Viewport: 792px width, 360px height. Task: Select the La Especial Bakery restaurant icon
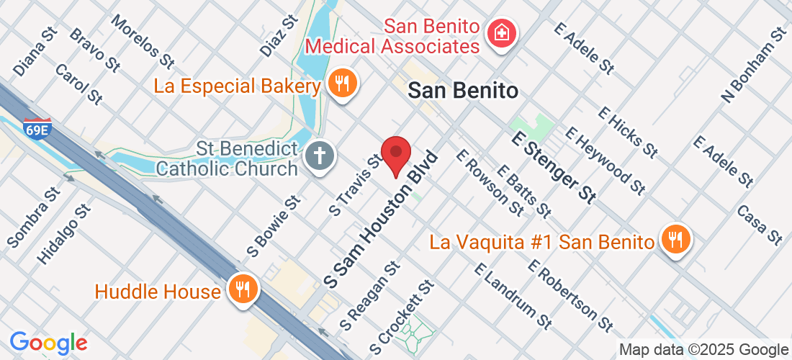click(x=343, y=84)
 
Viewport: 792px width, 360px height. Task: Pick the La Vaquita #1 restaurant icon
click(x=675, y=240)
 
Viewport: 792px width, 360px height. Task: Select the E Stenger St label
click(x=554, y=167)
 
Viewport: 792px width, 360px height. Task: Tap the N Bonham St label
click(x=754, y=66)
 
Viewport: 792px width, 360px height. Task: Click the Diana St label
click(x=35, y=53)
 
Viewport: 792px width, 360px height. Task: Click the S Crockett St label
click(x=402, y=318)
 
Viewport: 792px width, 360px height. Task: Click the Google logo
click(x=48, y=343)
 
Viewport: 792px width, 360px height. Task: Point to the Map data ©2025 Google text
click(x=703, y=350)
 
